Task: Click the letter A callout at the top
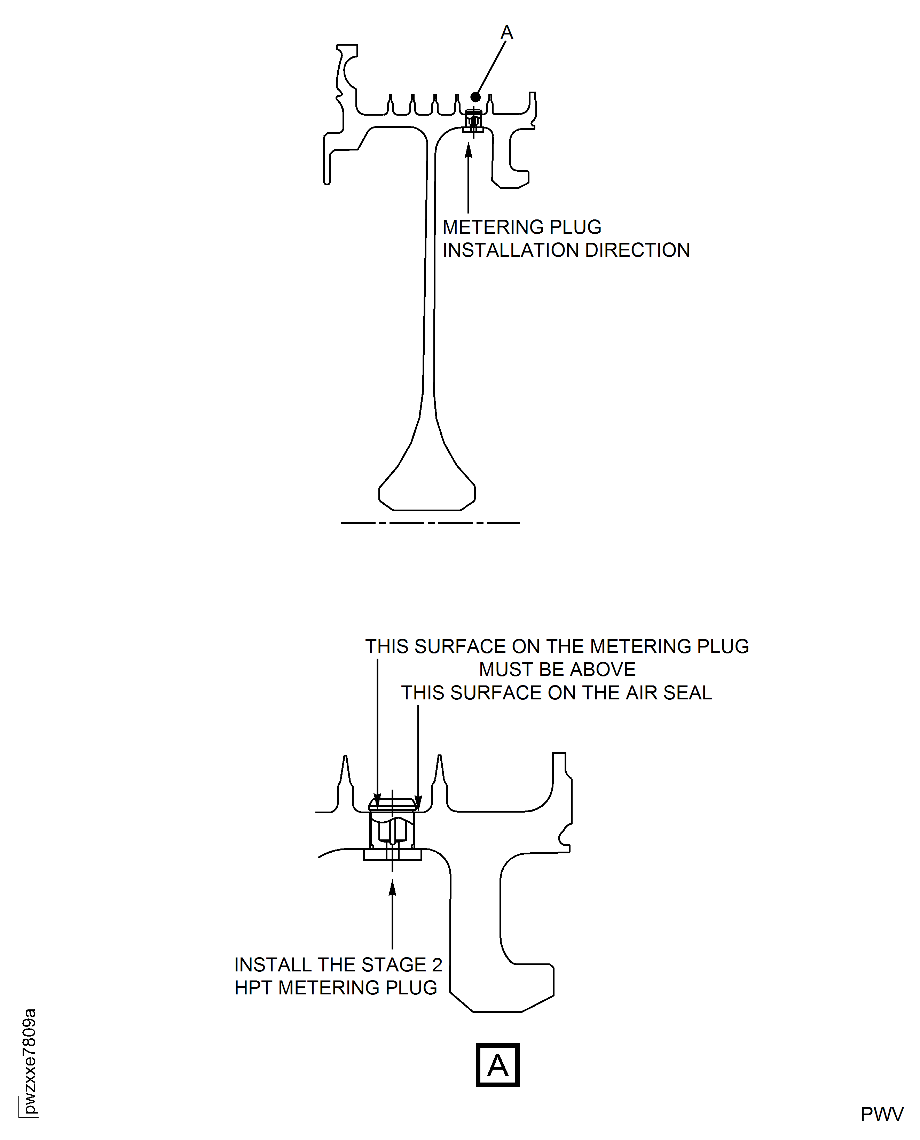point(506,33)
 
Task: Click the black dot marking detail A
point(475,97)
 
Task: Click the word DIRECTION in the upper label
point(638,250)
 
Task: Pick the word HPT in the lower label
point(253,988)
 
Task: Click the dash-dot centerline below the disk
point(430,523)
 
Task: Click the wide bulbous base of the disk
point(427,488)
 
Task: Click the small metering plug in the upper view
point(473,121)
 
